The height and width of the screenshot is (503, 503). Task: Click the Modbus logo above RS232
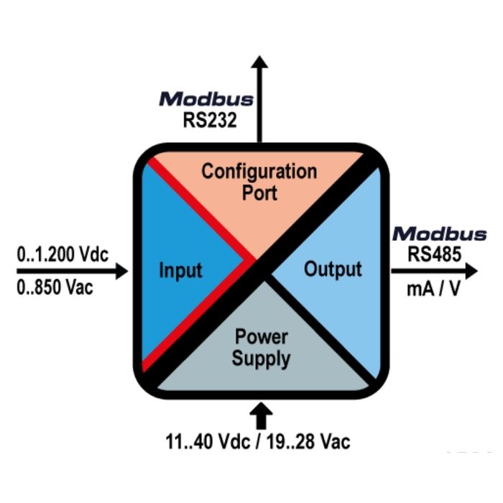(x=206, y=98)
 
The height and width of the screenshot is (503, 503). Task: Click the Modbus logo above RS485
(x=439, y=234)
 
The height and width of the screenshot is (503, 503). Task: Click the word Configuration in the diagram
(x=259, y=172)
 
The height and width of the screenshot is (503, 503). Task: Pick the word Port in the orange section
(x=259, y=193)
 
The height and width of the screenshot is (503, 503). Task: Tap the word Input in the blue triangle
(x=180, y=271)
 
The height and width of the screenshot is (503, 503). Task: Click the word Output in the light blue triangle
(x=333, y=269)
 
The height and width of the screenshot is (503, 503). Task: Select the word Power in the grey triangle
(x=262, y=337)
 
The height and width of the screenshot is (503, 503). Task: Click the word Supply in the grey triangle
(x=262, y=358)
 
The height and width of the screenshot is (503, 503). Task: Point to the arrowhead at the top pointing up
(x=260, y=62)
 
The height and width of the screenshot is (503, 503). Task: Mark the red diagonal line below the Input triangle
(x=198, y=316)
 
